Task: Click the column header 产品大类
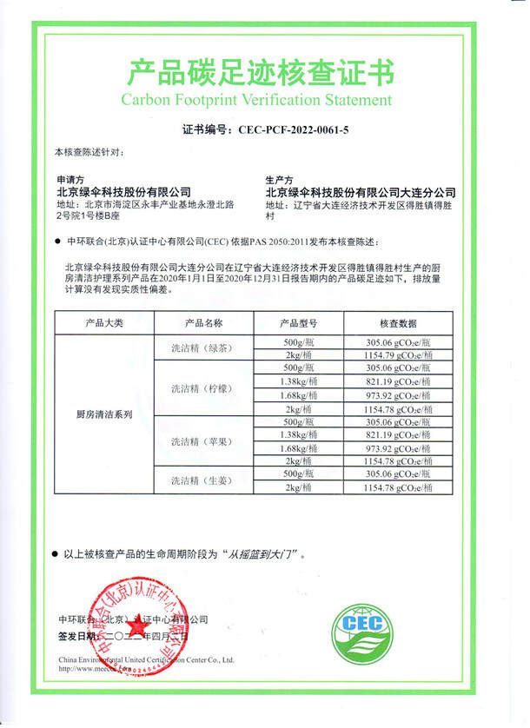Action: tap(104, 322)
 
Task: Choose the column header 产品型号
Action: tap(302, 322)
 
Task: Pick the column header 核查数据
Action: tap(399, 322)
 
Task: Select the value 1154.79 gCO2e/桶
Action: tap(399, 355)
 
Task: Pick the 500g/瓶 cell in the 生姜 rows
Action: tap(302, 474)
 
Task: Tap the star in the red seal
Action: tap(136, 627)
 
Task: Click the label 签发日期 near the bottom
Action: tap(75, 636)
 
